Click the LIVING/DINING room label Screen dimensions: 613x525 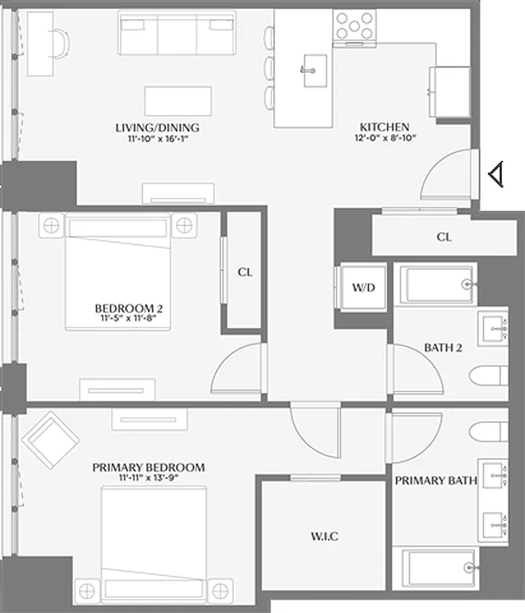coord(157,127)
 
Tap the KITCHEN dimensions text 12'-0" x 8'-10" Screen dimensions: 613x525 coord(385,139)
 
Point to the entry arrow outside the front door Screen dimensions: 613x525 coord(496,175)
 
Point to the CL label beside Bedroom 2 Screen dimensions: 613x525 coord(244,271)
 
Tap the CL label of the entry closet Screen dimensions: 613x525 coord(445,237)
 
